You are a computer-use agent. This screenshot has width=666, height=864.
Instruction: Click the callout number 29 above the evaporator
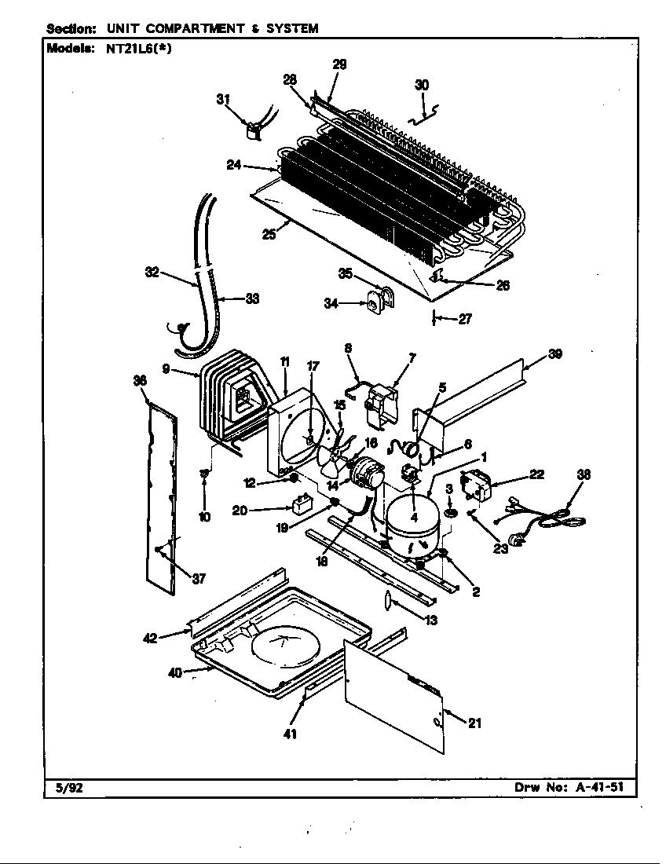tap(339, 65)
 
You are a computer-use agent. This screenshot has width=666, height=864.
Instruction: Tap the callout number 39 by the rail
tap(554, 353)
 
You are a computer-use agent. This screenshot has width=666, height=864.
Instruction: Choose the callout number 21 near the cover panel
tap(474, 723)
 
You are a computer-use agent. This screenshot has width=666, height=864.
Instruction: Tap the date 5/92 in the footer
tap(60, 787)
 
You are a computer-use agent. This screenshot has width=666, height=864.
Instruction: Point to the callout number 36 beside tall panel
tap(140, 381)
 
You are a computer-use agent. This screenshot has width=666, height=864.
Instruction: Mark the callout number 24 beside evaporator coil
tap(233, 165)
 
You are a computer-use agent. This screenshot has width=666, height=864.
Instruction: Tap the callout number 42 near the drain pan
tap(150, 638)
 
